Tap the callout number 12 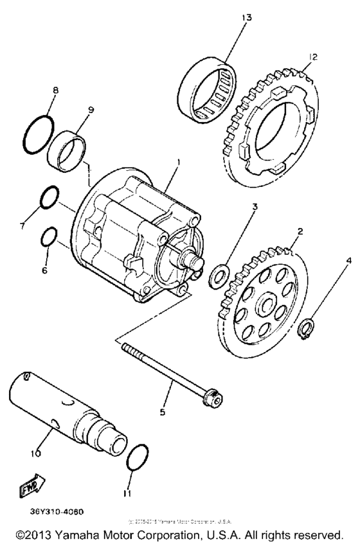point(313,57)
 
